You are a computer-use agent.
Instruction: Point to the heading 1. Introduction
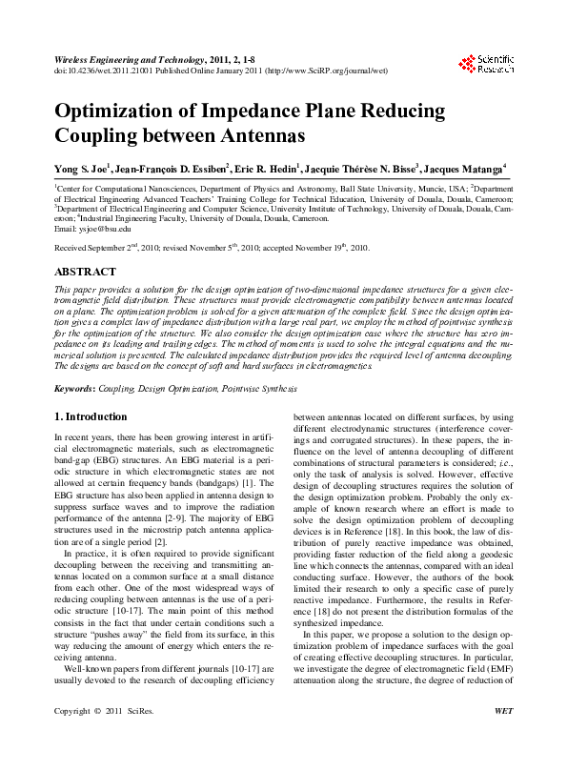coord(91,416)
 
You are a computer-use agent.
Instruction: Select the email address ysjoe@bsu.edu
coord(90,230)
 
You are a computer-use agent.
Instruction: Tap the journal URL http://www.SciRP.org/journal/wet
coord(323,70)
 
